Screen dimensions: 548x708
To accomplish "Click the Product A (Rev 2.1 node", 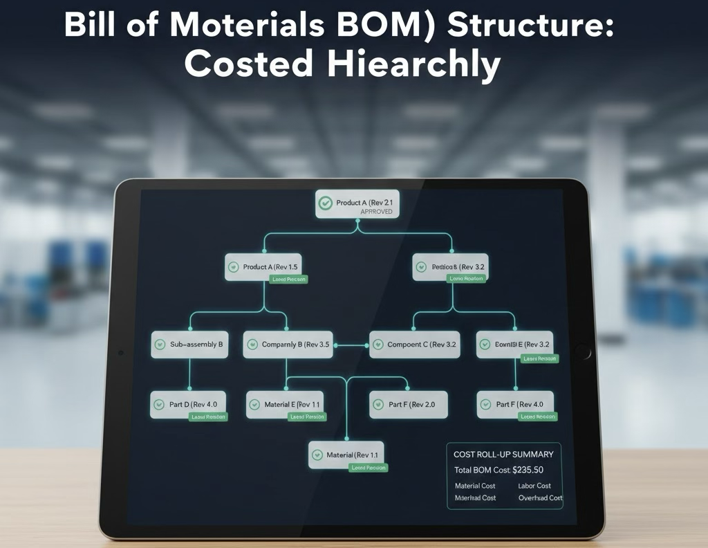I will coord(357,204).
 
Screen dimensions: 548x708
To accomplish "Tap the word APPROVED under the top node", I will coord(376,212).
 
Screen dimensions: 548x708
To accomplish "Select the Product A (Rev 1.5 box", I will coord(265,267).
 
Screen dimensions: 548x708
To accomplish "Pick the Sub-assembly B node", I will coord(189,344).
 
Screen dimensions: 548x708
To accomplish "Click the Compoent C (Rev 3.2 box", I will coord(414,344).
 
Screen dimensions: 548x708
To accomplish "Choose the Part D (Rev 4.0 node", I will coord(189,404).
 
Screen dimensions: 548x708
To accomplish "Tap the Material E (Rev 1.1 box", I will coord(286,404).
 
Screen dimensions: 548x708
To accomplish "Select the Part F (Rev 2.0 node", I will coord(408,404).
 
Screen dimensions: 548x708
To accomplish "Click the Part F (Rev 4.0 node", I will coord(516,404).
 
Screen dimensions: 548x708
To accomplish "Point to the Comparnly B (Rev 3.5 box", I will coord(288,344).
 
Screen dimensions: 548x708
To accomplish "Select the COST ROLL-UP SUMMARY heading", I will coord(503,455).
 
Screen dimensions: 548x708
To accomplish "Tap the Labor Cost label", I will coord(534,486).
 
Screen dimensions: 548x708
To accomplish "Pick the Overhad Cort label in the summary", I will coord(540,497).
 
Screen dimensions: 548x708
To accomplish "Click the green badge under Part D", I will coord(208,417).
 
